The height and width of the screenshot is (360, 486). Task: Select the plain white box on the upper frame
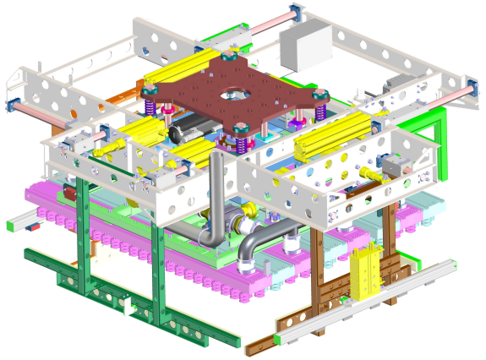click(x=306, y=46)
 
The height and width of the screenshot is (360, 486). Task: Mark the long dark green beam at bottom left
click(x=110, y=296)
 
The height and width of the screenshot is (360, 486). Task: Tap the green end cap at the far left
click(x=11, y=226)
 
